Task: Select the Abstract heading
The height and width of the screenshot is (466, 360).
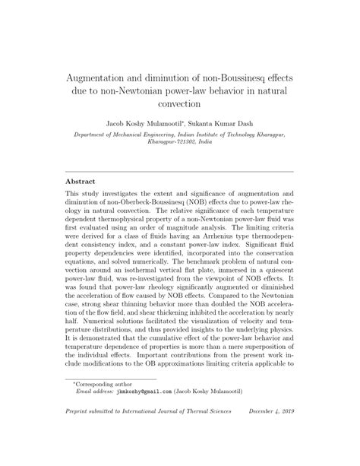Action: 80,182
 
